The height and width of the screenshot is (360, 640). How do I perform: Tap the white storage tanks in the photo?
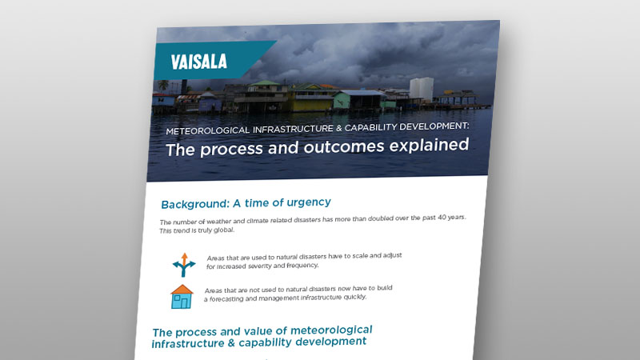click(x=422, y=88)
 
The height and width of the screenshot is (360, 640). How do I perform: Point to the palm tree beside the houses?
click(x=163, y=84)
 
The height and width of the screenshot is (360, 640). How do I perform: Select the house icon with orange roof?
click(x=182, y=297)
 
